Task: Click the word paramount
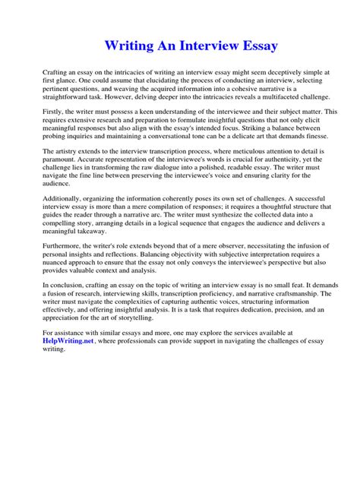(63, 163)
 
